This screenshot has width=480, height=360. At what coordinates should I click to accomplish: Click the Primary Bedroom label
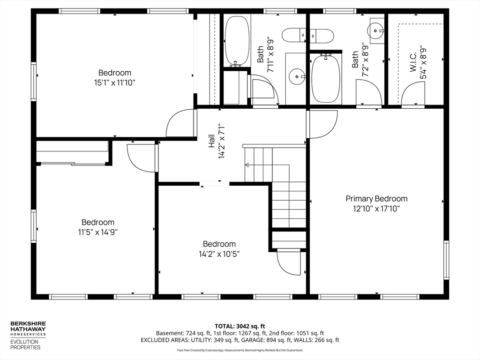click(x=376, y=199)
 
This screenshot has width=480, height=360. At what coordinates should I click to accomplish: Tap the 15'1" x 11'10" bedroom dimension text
click(x=115, y=82)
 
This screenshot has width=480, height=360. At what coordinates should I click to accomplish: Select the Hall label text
click(x=211, y=141)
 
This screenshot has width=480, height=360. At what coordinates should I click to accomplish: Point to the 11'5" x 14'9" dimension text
click(x=98, y=232)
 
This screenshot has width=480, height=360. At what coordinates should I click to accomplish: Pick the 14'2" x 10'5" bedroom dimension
click(x=219, y=254)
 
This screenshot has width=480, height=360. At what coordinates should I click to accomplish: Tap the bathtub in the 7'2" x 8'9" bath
click(x=326, y=78)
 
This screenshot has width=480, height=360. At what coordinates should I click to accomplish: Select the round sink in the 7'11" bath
click(x=296, y=76)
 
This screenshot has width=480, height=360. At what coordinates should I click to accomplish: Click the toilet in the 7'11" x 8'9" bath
click(x=293, y=35)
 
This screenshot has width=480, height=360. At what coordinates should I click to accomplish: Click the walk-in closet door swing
click(x=412, y=95)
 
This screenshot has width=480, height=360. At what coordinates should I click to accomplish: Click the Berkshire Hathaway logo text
click(x=28, y=327)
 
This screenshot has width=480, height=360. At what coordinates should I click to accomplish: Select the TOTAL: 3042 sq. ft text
click(x=240, y=326)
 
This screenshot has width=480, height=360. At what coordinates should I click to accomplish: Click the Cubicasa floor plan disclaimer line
click(x=240, y=350)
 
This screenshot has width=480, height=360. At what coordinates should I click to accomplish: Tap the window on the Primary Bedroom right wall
click(x=446, y=260)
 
